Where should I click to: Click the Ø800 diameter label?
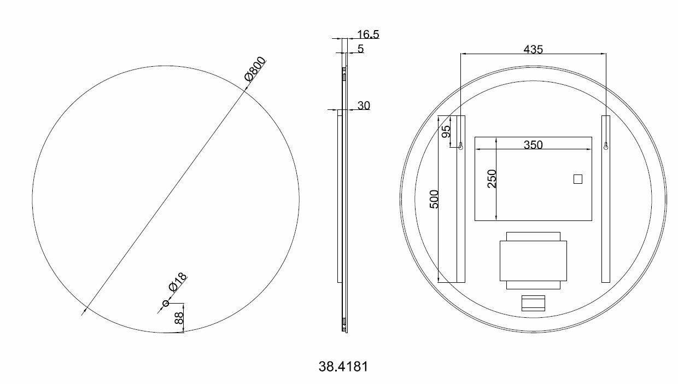click(255, 69)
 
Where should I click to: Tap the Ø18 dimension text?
click(178, 282)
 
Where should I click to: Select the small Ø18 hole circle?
click(166, 303)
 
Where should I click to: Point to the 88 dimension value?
click(179, 318)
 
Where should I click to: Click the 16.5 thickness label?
click(368, 34)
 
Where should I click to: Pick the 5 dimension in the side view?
click(360, 49)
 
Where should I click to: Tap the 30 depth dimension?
click(364, 106)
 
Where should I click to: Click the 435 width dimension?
click(533, 49)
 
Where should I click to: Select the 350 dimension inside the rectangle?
click(533, 145)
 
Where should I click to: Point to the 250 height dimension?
click(492, 179)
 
